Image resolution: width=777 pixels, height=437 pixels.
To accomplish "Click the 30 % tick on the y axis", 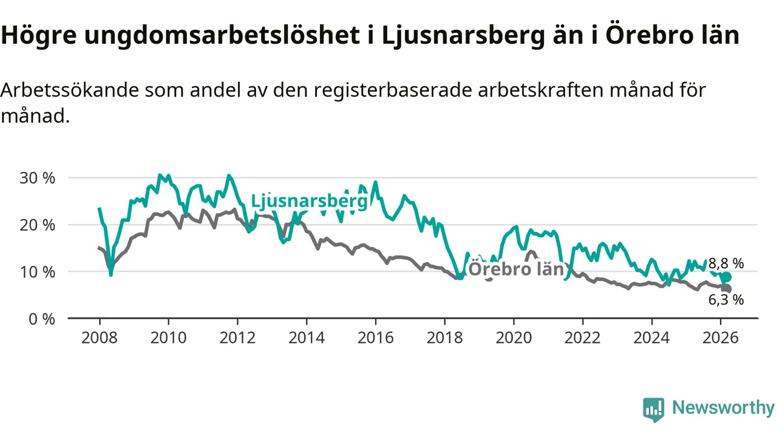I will tap(38, 178).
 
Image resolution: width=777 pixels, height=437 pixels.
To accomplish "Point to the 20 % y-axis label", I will tap(38, 225).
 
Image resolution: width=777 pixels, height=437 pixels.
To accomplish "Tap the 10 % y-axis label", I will tap(38, 271).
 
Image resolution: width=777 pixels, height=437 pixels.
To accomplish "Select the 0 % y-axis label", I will tap(41, 318).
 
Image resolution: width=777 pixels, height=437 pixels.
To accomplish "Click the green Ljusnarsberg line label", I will tap(309, 201).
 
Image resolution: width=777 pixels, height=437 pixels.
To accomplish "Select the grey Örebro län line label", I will tap(517, 269).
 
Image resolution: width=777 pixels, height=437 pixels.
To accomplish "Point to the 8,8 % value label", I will tap(726, 263).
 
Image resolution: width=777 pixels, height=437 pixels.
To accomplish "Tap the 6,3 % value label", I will tap(726, 299).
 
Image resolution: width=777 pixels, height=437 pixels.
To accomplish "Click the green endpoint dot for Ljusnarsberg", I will tap(727, 277).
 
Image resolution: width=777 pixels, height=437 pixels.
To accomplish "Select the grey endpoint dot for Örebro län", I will tap(727, 289).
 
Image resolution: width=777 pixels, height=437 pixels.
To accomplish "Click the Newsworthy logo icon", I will tap(654, 410).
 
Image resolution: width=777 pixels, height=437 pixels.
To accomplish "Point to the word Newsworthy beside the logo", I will tap(723, 408).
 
